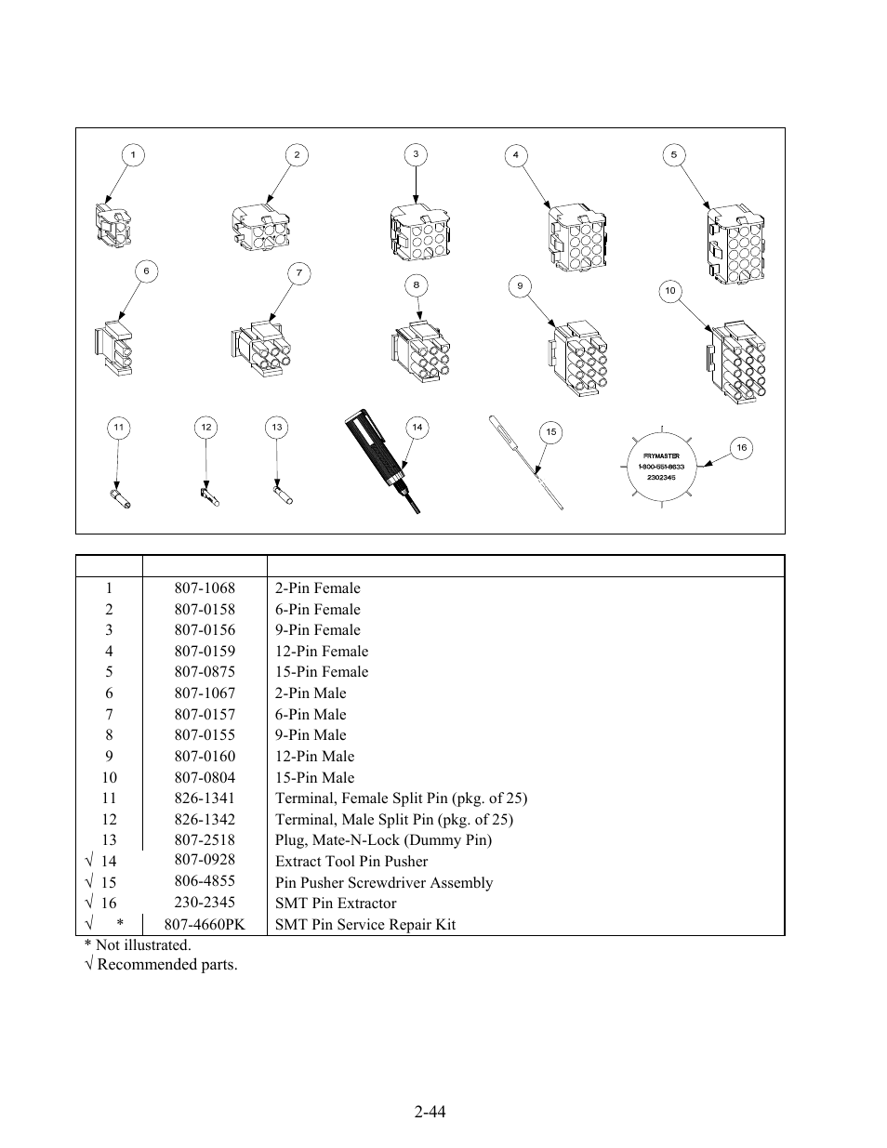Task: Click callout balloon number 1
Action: tap(133, 154)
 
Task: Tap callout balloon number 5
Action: tap(674, 155)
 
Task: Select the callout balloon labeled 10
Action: tap(669, 291)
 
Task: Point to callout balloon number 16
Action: tap(741, 448)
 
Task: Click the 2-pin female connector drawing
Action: tap(113, 225)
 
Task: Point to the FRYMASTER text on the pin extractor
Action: tap(661, 455)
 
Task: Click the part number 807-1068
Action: tap(205, 588)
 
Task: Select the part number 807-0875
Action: tap(205, 672)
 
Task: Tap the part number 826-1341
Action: tap(205, 798)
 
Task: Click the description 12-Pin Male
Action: tap(314, 757)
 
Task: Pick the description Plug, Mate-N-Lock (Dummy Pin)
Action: tap(383, 840)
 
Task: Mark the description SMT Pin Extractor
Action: tap(336, 904)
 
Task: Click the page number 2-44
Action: tap(431, 1111)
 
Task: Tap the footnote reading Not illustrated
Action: tap(138, 945)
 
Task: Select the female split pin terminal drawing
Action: tap(120, 498)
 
